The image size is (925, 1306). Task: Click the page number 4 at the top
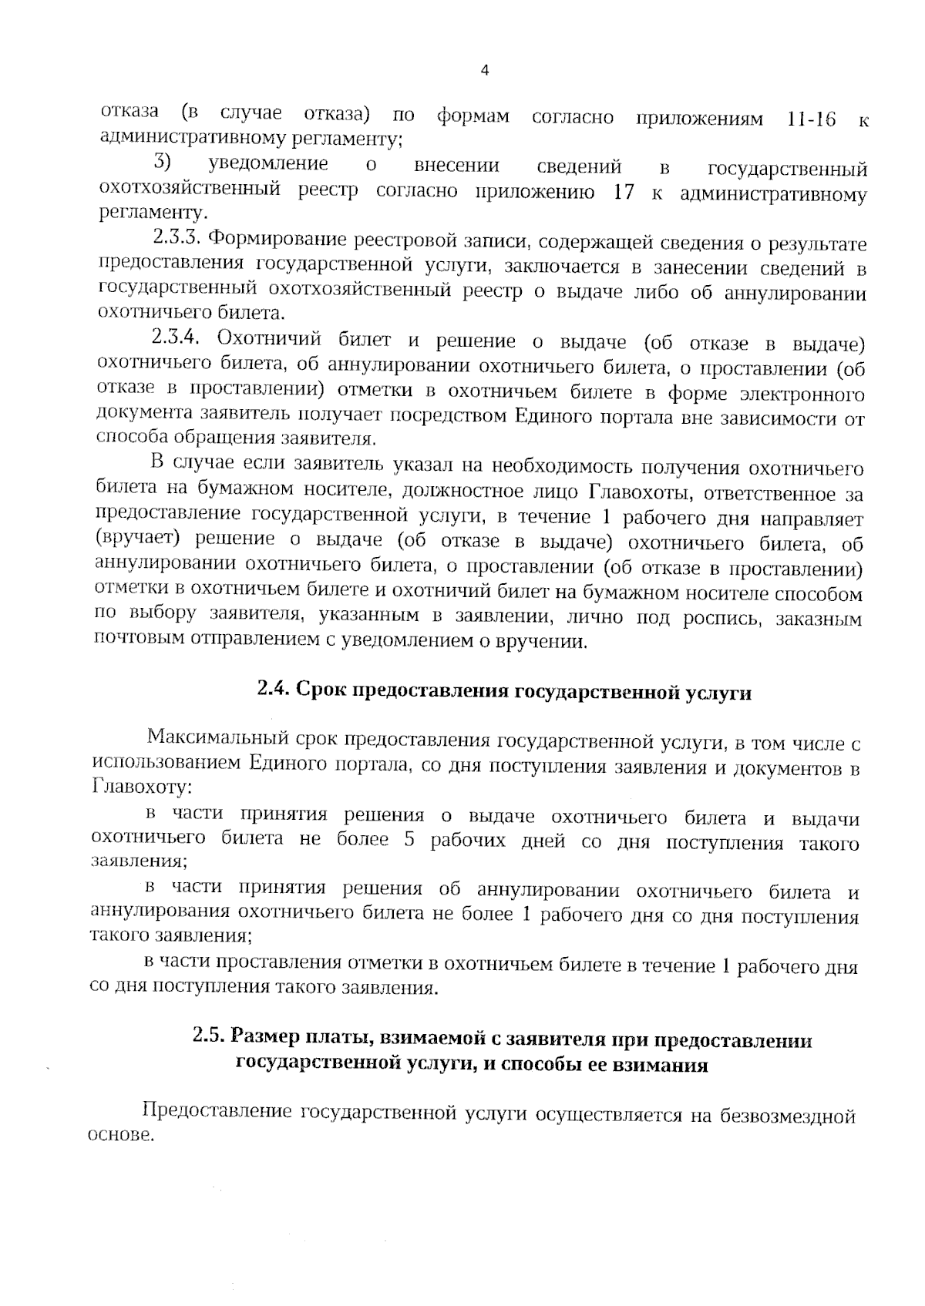click(484, 70)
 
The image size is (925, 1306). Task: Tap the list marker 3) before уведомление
click(160, 163)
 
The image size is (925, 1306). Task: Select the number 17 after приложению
click(622, 193)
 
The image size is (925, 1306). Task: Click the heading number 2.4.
click(272, 690)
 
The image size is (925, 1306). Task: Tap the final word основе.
click(122, 1137)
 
